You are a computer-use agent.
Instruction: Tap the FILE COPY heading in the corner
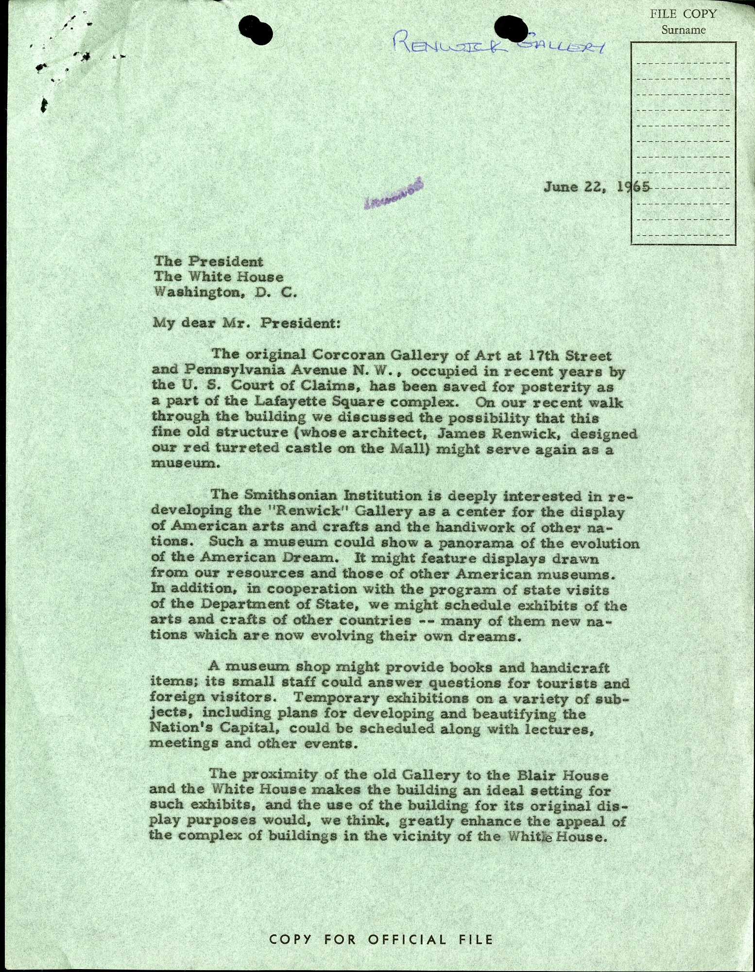pyautogui.click(x=683, y=14)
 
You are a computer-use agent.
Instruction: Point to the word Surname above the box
pyautogui.click(x=683, y=30)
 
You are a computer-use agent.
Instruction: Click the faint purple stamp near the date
pyautogui.click(x=393, y=193)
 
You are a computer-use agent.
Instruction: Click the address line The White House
pyautogui.click(x=218, y=277)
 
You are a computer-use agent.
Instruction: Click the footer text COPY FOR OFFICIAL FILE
pyautogui.click(x=381, y=939)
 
